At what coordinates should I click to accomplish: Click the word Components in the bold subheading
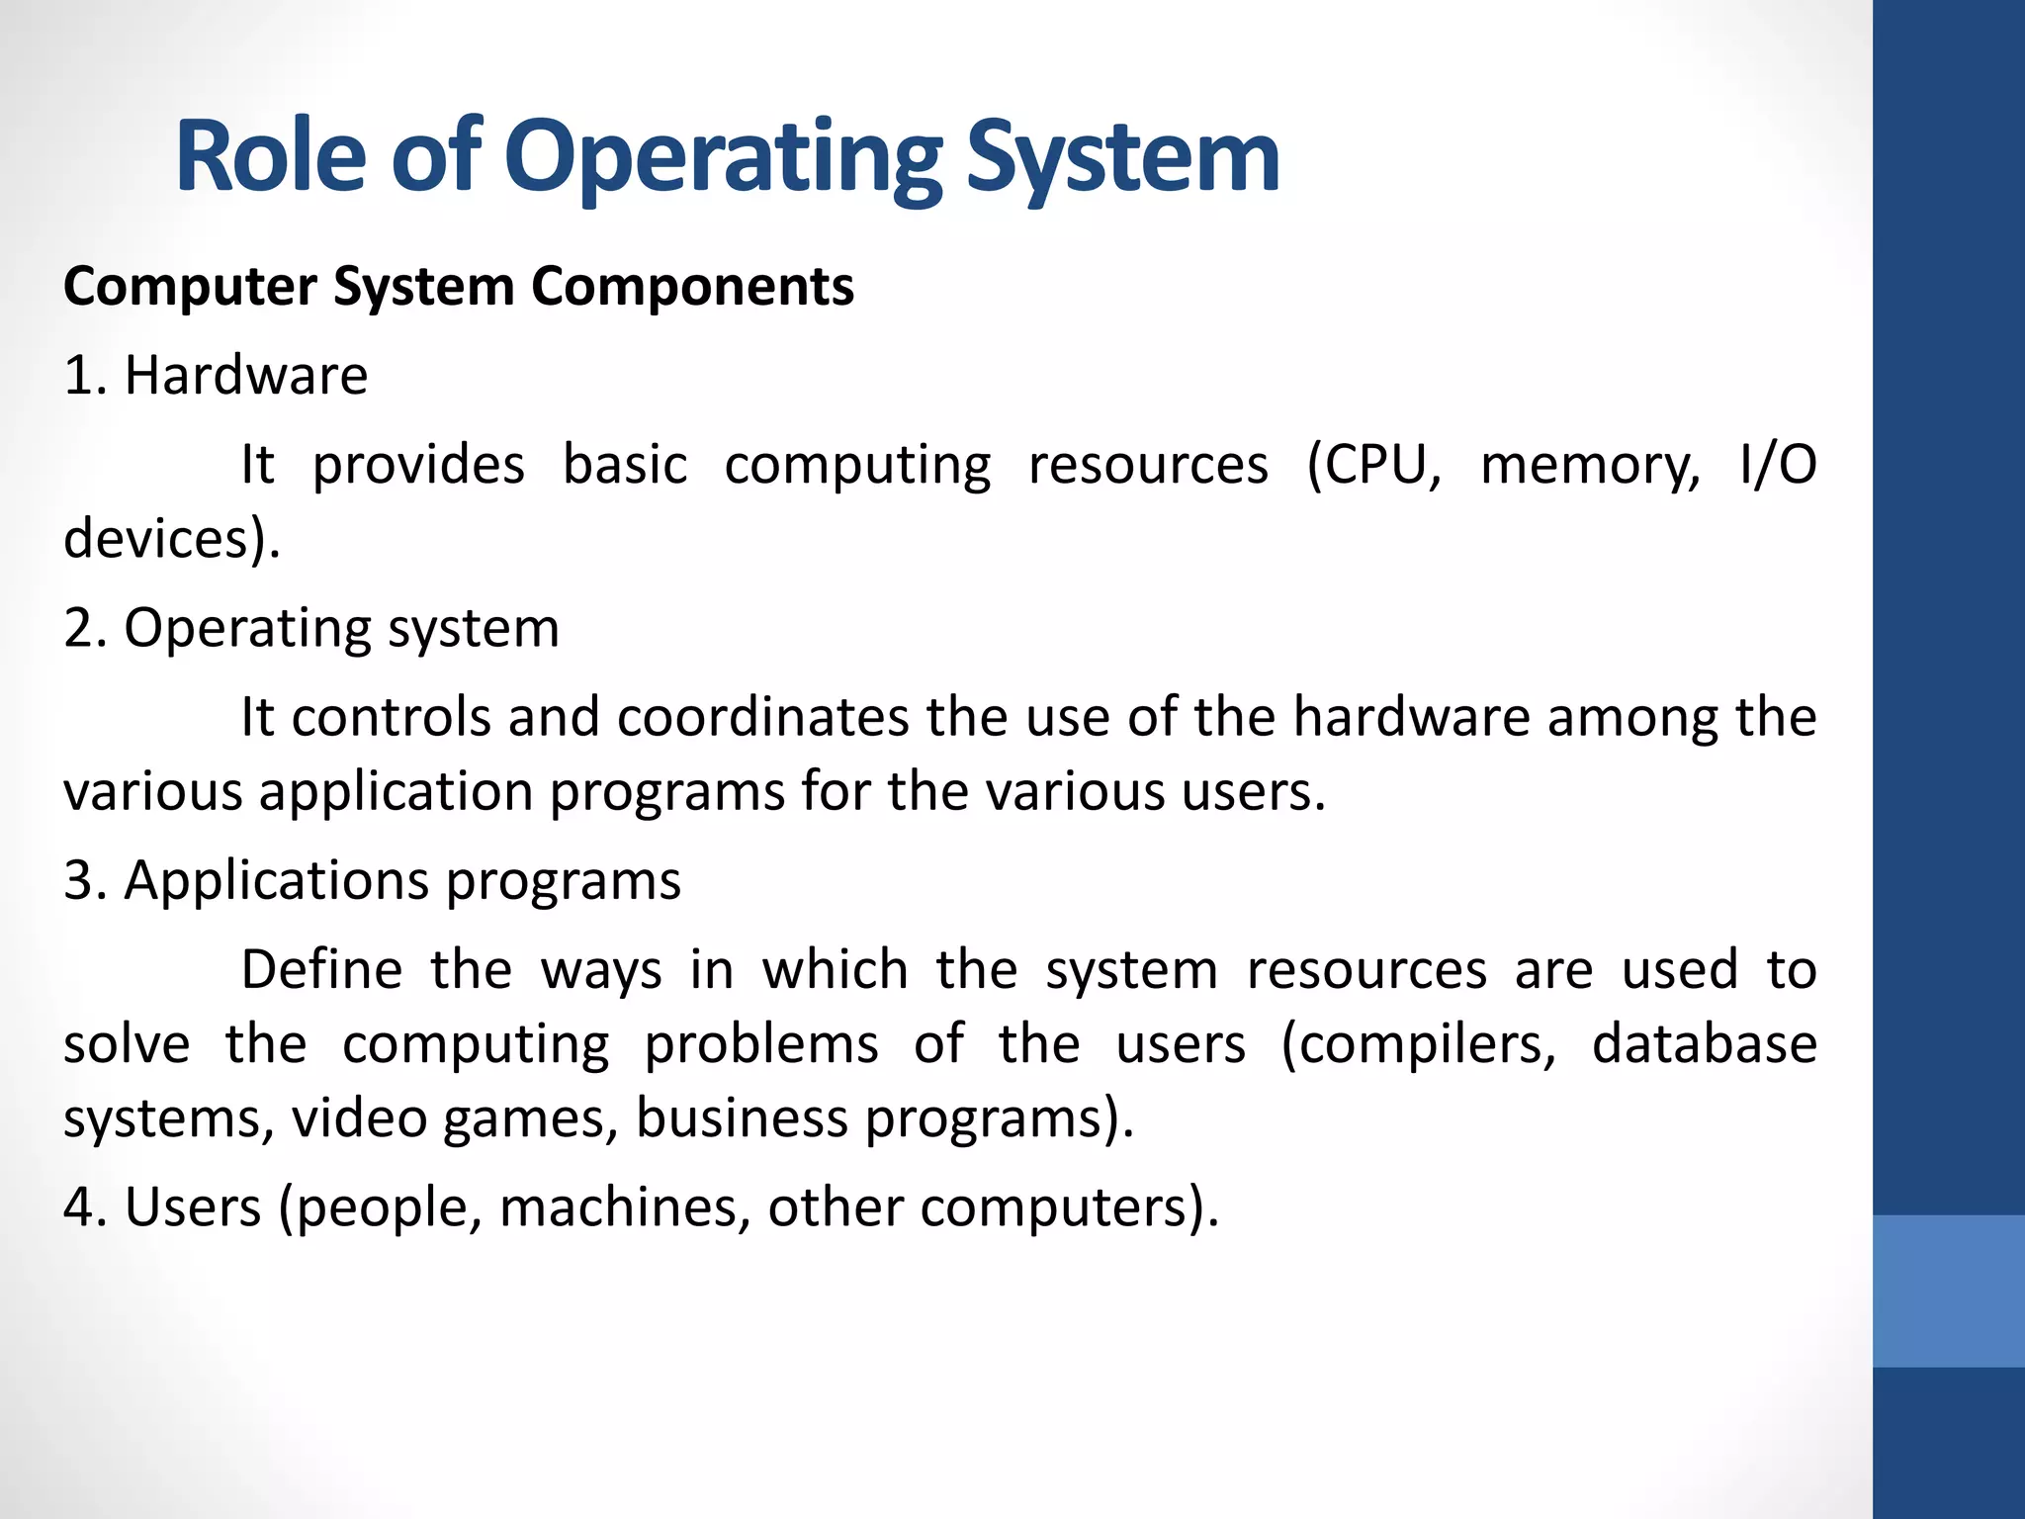[692, 287]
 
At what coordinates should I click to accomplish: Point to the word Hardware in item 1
[246, 376]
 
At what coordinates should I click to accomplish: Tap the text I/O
[1777, 465]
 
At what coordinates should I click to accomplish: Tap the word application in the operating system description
[396, 792]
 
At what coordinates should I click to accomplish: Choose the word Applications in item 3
[276, 880]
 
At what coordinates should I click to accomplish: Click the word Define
[321, 969]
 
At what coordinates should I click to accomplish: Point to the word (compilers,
[1419, 1044]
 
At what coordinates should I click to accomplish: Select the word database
[1704, 1044]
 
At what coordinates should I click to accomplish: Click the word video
[359, 1118]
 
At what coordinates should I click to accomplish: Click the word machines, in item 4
[625, 1207]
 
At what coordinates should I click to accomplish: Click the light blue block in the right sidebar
[1948, 1291]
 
